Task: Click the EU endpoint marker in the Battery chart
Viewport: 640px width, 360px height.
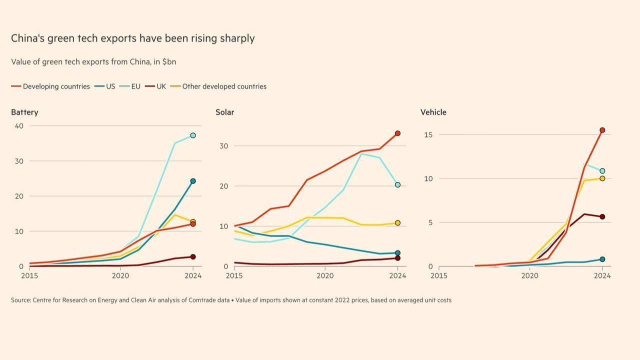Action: point(193,135)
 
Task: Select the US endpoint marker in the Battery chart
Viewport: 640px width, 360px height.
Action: point(193,181)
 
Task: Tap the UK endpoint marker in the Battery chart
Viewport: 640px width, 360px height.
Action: point(193,257)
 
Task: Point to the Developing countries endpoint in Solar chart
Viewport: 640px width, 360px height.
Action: point(397,133)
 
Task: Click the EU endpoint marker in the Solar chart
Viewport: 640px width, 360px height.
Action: point(397,185)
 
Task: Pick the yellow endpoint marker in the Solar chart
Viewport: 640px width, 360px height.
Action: point(397,223)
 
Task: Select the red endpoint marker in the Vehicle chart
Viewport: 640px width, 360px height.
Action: point(602,130)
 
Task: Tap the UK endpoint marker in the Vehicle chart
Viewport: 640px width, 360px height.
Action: point(602,216)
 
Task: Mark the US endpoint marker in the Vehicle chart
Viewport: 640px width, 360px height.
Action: point(602,259)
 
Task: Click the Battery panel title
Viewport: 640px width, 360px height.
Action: point(24,112)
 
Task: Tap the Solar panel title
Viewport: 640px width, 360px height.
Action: point(225,112)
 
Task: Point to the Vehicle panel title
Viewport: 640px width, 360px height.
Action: point(433,112)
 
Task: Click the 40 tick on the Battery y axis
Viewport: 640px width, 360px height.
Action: point(19,125)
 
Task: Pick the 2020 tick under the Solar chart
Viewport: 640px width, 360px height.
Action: point(325,275)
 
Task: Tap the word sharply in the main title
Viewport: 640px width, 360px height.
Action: point(237,38)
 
